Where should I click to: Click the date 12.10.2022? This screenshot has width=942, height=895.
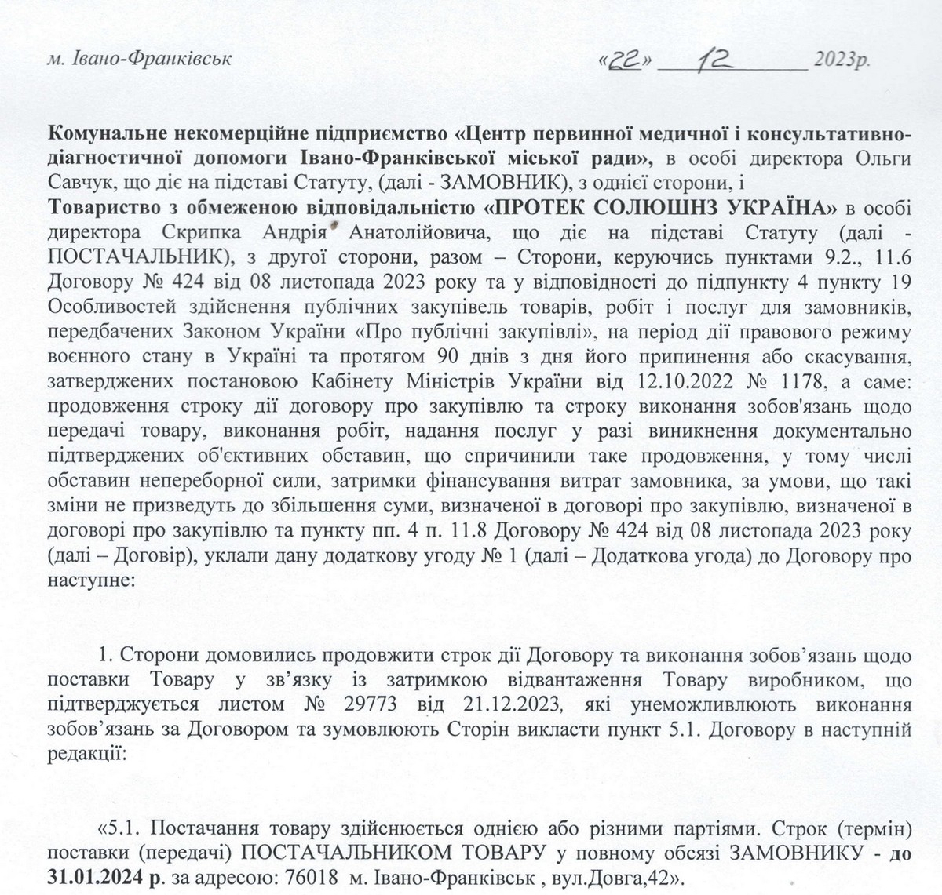[x=670, y=382]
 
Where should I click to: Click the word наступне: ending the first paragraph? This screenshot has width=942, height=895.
[x=82, y=582]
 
